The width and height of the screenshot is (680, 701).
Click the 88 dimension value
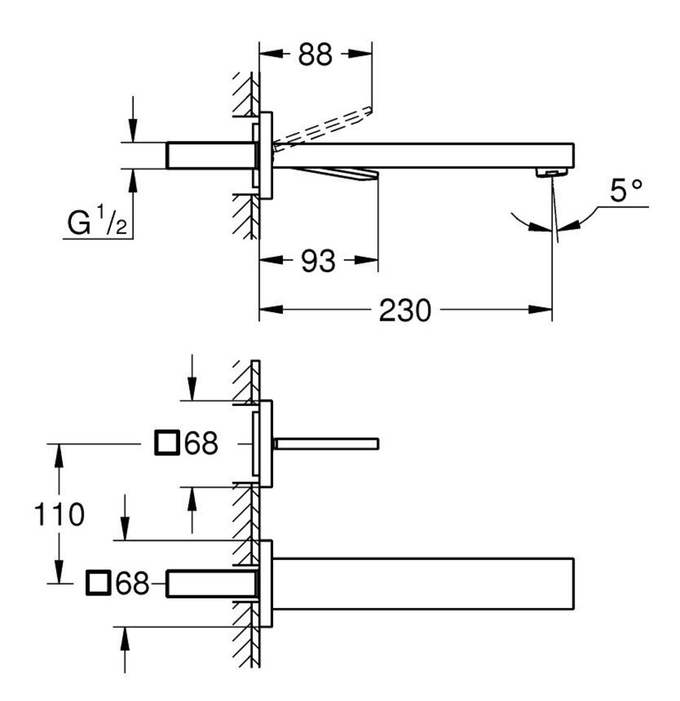pyautogui.click(x=315, y=55)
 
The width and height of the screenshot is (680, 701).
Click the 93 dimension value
pyautogui.click(x=317, y=261)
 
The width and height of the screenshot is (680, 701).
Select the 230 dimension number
pyautogui.click(x=405, y=310)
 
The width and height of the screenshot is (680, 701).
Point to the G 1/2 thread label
pyautogui.click(x=97, y=221)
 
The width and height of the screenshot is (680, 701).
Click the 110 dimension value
pyautogui.click(x=59, y=514)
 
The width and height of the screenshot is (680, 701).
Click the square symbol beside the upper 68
pyautogui.click(x=168, y=443)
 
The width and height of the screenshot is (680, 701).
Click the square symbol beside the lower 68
pyautogui.click(x=98, y=583)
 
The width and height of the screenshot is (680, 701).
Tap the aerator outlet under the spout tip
pyautogui.click(x=552, y=173)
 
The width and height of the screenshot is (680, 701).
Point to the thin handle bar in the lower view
pyautogui.click(x=326, y=444)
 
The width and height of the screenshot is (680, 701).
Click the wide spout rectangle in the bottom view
pyautogui.click(x=423, y=584)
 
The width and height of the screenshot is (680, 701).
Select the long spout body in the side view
pyautogui.click(x=423, y=156)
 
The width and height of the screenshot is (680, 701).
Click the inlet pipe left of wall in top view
pyautogui.click(x=211, y=156)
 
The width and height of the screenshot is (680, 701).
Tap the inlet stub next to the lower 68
pyautogui.click(x=212, y=584)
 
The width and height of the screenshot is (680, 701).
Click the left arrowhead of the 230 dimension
pyautogui.click(x=271, y=309)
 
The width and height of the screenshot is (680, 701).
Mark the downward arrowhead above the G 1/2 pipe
pyautogui.click(x=132, y=131)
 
